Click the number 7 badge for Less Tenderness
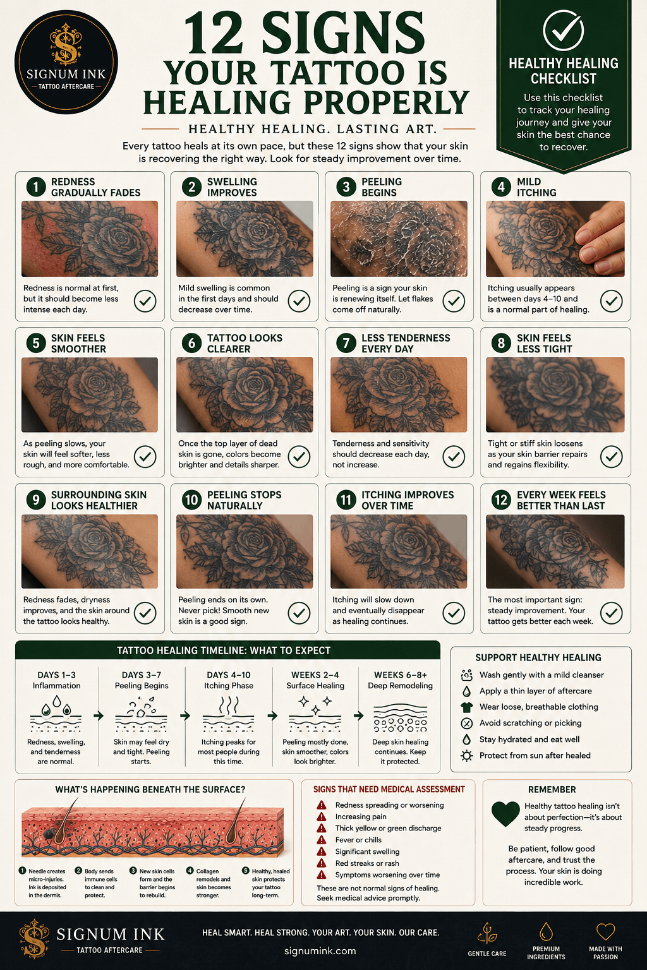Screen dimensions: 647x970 [x=346, y=344]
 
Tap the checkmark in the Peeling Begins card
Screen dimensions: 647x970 [x=454, y=301]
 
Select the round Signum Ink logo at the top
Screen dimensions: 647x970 [x=66, y=63]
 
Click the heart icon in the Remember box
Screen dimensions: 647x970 [x=505, y=813]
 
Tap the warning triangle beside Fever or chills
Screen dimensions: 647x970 [x=321, y=840]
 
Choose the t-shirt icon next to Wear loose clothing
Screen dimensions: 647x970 [x=466, y=707]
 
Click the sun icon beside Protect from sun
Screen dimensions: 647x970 [x=466, y=756]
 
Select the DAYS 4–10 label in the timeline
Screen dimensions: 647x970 [x=228, y=674]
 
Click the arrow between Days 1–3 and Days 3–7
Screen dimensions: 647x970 [x=99, y=716]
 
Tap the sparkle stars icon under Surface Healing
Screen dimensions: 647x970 [x=315, y=704]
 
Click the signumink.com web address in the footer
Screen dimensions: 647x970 [x=320, y=951]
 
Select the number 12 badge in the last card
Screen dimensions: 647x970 [x=501, y=500]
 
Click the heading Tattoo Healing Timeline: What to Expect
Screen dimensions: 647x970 [x=224, y=650]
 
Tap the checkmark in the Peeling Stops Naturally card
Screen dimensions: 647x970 [x=299, y=613]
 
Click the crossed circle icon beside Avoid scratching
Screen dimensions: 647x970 [x=466, y=723]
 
